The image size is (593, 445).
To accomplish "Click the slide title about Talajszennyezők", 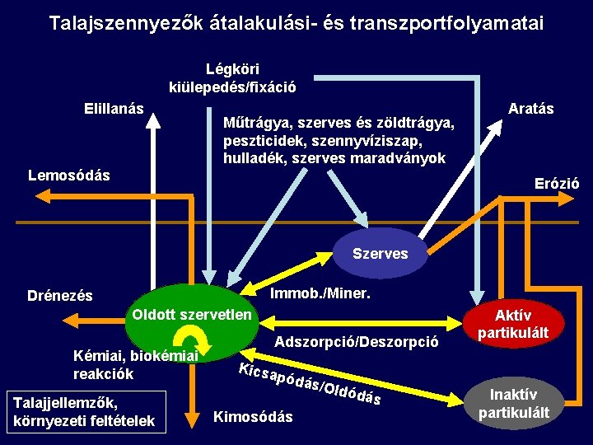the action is (x=296, y=23).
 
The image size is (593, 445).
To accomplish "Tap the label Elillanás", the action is (x=114, y=109).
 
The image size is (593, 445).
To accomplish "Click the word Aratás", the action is (x=531, y=109).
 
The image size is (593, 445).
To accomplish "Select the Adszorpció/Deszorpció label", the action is (x=357, y=341).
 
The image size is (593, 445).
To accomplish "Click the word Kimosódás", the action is (x=253, y=417).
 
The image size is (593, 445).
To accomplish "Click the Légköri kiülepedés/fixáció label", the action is (x=232, y=78).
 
